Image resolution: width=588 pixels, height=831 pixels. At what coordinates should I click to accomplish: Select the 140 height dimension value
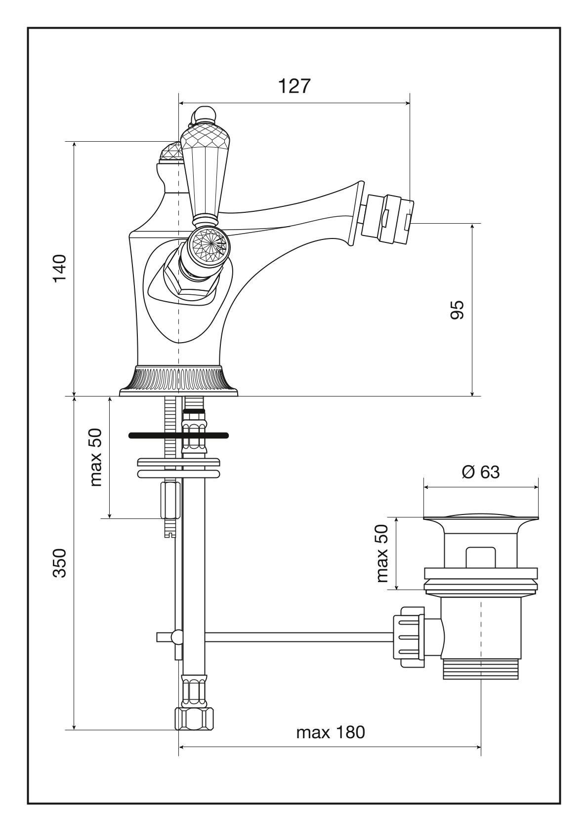[60, 268]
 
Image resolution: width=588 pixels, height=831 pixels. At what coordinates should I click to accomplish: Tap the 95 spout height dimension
[458, 310]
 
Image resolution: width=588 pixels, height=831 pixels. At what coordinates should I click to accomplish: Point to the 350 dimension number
[60, 562]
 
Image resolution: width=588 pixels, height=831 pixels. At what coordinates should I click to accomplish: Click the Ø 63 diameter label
[480, 472]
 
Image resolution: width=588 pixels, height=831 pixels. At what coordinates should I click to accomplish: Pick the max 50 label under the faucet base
[95, 457]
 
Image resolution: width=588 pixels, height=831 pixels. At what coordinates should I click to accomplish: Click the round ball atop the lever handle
[204, 116]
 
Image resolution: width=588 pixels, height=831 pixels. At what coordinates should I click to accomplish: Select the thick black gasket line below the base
[178, 435]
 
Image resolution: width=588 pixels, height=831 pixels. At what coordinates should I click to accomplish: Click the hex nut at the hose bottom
[196, 719]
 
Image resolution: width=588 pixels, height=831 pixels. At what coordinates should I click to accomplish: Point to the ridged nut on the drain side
[408, 637]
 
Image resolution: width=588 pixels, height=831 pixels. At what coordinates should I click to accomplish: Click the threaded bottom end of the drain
[480, 669]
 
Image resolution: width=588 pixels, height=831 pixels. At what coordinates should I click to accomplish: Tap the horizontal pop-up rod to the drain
[296, 637]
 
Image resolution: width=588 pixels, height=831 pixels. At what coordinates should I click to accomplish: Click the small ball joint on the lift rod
[175, 637]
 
